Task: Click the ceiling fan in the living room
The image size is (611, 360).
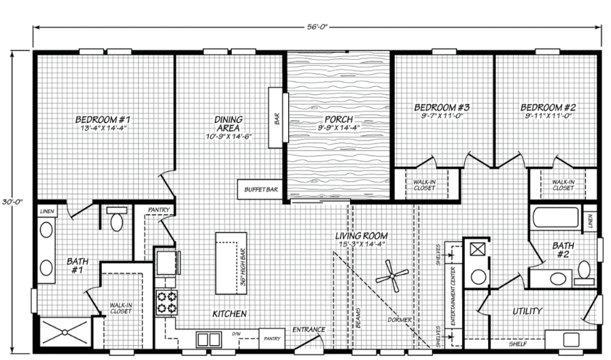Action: pos(392,275)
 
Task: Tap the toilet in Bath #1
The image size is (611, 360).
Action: pos(114,220)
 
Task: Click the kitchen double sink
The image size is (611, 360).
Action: pos(208,339)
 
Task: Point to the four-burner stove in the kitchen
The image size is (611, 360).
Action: pos(167,301)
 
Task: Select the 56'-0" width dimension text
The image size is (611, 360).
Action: pos(317,26)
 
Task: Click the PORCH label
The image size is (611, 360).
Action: pos(338,119)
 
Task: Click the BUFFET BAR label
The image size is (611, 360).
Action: pos(258,189)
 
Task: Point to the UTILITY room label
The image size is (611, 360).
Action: pos(527,311)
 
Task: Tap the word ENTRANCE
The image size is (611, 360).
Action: pos(309,330)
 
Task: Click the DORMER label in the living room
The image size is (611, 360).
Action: pos(398,319)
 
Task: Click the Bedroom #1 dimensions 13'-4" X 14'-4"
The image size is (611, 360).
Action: pos(104,128)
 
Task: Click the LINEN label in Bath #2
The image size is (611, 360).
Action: pos(590,220)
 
